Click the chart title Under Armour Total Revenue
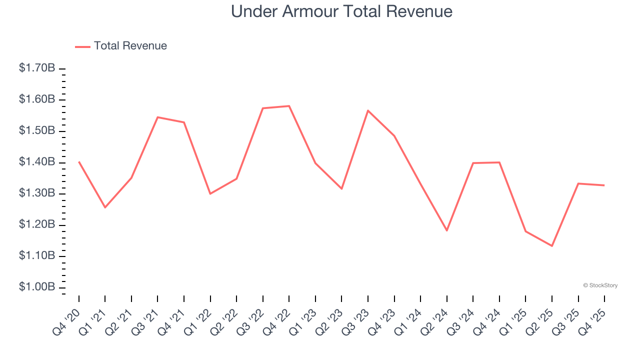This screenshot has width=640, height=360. click(x=341, y=11)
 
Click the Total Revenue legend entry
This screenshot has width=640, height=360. click(x=130, y=46)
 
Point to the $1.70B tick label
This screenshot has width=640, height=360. click(x=37, y=68)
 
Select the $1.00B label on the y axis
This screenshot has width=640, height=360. click(x=37, y=287)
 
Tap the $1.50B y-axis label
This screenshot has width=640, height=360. click(x=37, y=131)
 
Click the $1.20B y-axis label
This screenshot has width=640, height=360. click(x=37, y=225)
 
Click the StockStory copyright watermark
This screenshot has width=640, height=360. click(x=600, y=285)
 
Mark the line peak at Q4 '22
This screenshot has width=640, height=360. click(x=289, y=106)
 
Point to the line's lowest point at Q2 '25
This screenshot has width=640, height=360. click(x=552, y=246)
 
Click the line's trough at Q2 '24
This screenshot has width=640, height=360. click(x=447, y=230)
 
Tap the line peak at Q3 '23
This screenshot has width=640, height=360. click(x=368, y=110)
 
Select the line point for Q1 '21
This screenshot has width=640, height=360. click(x=105, y=207)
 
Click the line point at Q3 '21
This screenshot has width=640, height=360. click(x=157, y=117)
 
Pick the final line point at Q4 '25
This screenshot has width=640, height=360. click(x=604, y=185)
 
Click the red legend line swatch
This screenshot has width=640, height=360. click(x=82, y=46)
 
